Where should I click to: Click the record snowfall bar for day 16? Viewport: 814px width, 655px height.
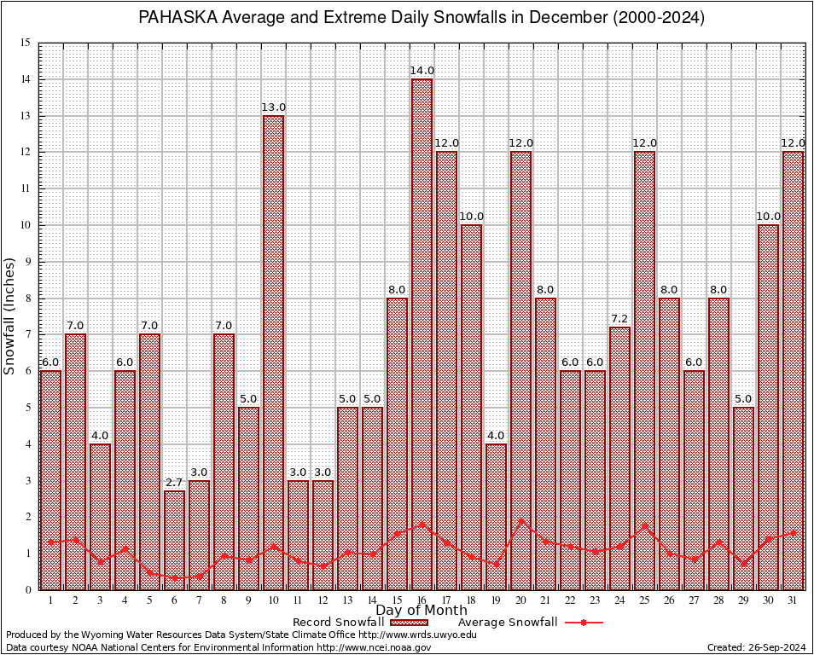pos(422,333)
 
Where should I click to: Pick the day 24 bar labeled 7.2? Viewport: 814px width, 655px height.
pos(620,457)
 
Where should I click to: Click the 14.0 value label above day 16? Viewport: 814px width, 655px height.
pos(422,71)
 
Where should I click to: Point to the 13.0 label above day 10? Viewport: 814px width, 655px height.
pos(273,107)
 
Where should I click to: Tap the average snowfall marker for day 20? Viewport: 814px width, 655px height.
pos(521,521)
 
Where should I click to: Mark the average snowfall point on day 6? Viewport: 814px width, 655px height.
pos(174,577)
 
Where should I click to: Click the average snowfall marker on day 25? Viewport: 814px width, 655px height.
pos(645,525)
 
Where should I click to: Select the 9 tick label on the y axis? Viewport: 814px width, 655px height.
pos(27,262)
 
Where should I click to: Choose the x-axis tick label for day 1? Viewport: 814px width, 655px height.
pos(50,600)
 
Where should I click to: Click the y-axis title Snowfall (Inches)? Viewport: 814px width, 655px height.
pos(10,316)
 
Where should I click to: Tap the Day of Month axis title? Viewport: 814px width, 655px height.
pos(422,611)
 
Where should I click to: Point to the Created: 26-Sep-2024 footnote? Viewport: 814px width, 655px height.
pos(756,647)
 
